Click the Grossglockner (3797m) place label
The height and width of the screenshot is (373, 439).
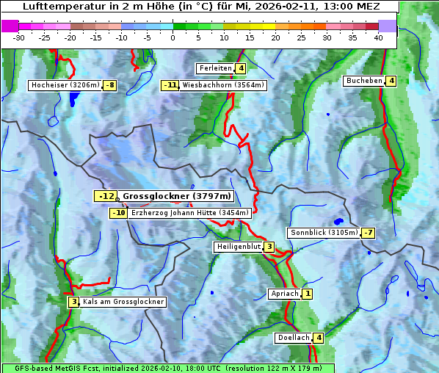click(x=177, y=196)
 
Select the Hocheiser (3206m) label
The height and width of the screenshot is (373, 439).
click(x=65, y=85)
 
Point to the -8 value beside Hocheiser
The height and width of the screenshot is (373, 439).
click(x=109, y=85)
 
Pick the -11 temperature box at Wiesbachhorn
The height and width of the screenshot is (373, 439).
click(x=170, y=85)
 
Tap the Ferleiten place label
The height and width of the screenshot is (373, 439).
click(x=215, y=68)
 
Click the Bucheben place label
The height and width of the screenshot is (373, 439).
click(x=364, y=81)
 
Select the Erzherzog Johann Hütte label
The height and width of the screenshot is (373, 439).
click(x=190, y=213)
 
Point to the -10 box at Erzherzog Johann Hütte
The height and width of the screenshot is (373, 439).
click(x=118, y=213)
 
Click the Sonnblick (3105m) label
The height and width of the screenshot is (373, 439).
click(x=324, y=233)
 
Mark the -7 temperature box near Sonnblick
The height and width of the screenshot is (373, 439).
click(x=369, y=233)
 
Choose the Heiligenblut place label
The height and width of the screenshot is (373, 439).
click(x=238, y=247)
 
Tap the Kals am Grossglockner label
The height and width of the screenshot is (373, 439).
click(x=123, y=302)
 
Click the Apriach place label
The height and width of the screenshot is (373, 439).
click(x=285, y=294)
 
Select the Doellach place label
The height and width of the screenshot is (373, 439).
click(x=293, y=338)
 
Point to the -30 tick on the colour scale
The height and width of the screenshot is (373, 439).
click(x=19, y=37)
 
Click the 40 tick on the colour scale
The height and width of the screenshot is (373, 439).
click(x=378, y=37)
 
